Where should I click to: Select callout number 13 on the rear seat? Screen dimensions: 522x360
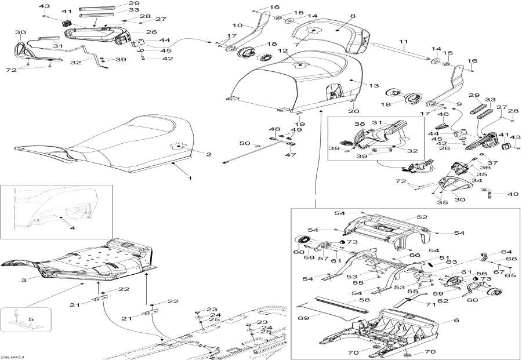pos(374,86)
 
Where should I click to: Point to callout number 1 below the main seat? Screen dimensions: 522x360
pos(190,178)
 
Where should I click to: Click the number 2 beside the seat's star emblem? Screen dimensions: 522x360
pos(209,154)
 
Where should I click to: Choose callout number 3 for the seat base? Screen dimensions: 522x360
pos(24,280)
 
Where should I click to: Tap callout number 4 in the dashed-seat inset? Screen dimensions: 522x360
pos(72,228)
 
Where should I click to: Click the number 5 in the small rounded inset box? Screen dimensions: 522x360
pos(31,319)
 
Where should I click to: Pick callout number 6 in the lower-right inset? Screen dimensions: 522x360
pos(456,320)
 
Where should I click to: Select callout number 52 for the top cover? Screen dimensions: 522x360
pos(422,217)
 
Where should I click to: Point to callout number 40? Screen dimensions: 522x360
pos(513,194)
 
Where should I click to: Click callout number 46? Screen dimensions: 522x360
pos(444,114)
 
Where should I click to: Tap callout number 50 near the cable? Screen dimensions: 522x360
pos(245,143)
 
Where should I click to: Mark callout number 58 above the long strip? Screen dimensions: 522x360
pos(365,300)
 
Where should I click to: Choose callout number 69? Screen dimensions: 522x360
pos(303,318)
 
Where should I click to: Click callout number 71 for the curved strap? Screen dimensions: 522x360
pos(431,304)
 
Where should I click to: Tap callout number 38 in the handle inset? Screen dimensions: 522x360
pos(359,124)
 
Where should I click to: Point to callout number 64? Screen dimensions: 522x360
pos(506,252)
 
